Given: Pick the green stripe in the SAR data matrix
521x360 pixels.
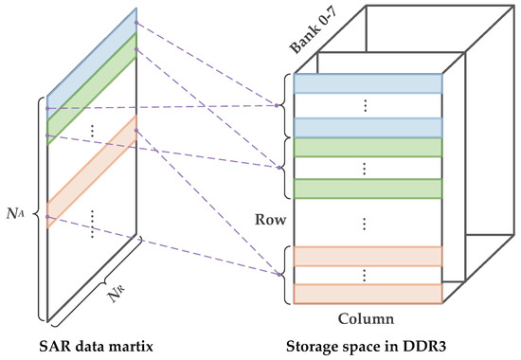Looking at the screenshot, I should click(x=92, y=85).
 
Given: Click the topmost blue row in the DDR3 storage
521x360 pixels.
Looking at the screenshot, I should click(x=368, y=83).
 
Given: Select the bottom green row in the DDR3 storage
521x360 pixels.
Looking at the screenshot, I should click(x=368, y=189).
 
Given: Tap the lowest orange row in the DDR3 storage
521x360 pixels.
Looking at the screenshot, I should click(x=368, y=293).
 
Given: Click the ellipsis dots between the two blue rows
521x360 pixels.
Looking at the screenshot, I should click(x=368, y=106).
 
